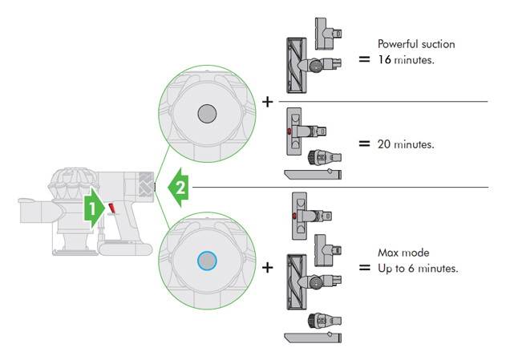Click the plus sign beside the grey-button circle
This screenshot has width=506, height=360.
click(x=267, y=102)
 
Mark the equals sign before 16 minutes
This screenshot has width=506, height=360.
click(x=364, y=59)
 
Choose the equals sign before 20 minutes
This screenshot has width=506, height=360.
click(x=364, y=144)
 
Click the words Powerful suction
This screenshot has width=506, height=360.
click(x=415, y=44)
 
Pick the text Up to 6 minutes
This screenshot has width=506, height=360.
click(x=418, y=268)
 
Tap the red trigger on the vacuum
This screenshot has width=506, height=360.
click(x=112, y=209)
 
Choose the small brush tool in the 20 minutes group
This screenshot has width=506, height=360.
click(x=318, y=156)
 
